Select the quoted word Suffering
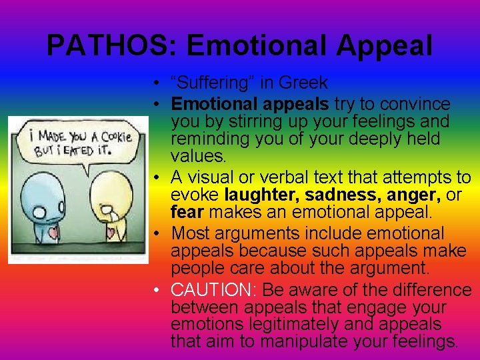click(x=206, y=83)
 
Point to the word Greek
click(x=303, y=83)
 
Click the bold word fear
click(x=185, y=213)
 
